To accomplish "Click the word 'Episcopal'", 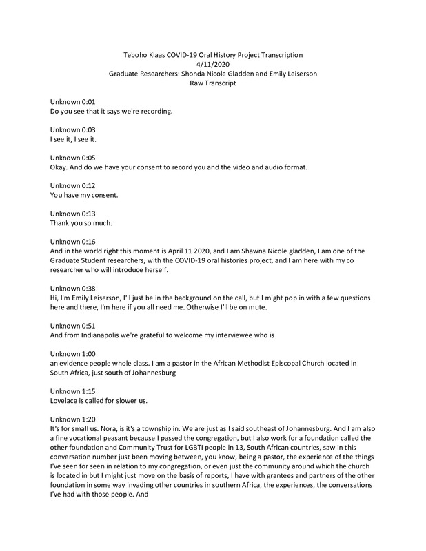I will (x=282, y=363).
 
